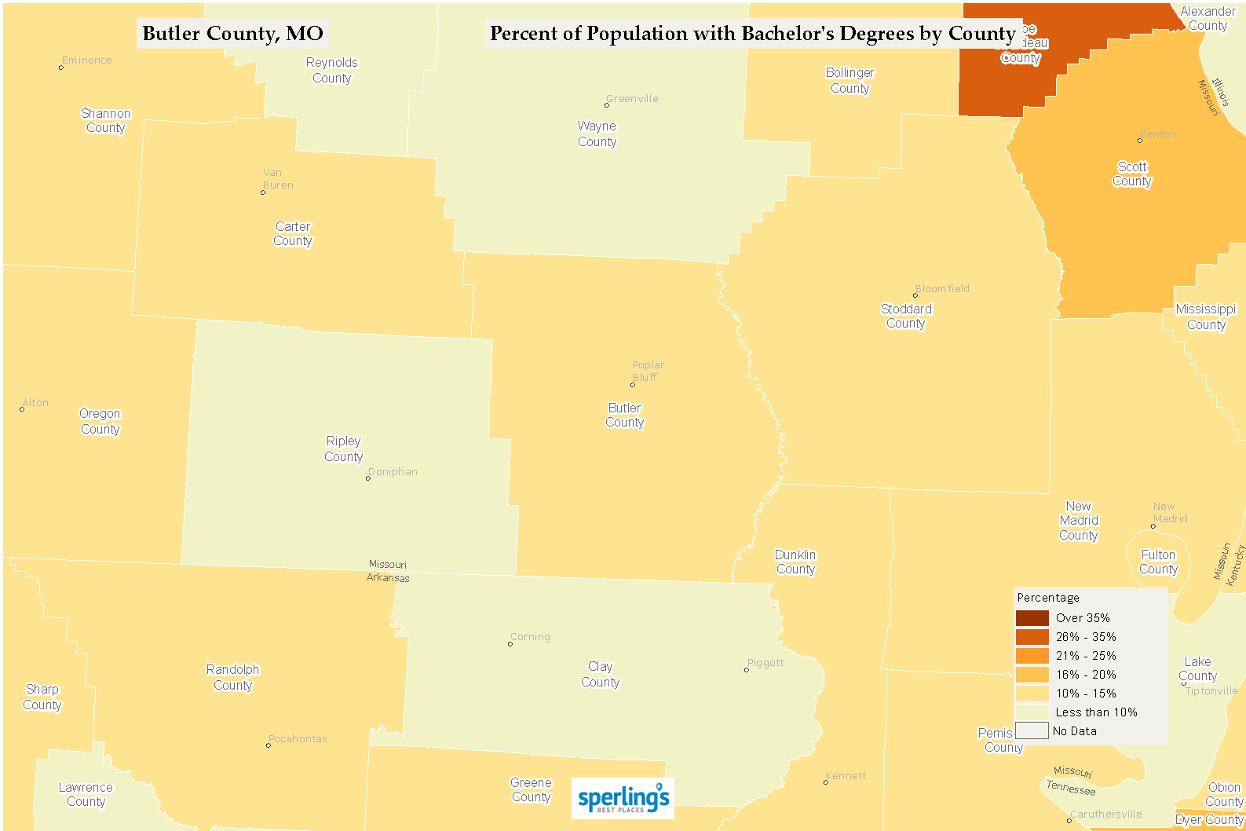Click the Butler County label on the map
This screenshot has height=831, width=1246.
pyautogui.click(x=624, y=415)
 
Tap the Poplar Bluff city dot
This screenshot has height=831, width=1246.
pyautogui.click(x=632, y=385)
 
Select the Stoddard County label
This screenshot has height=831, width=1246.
pyautogui.click(x=906, y=316)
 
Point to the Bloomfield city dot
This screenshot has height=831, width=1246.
pyautogui.click(x=915, y=295)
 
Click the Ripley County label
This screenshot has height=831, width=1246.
pyautogui.click(x=343, y=448)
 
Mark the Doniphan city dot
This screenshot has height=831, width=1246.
pyautogui.click(x=367, y=478)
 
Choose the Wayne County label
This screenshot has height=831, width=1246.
pyautogui.click(x=597, y=134)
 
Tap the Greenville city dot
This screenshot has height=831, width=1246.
pyautogui.click(x=606, y=105)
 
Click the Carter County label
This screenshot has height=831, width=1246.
pyautogui.click(x=293, y=233)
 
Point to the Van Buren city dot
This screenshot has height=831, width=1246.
pyautogui.click(x=262, y=192)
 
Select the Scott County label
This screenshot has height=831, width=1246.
pyautogui.click(x=1132, y=174)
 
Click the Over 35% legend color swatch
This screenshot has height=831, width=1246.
pyautogui.click(x=1032, y=618)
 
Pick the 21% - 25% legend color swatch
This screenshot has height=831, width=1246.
pyautogui.click(x=1032, y=656)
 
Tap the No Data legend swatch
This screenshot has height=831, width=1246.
pyautogui.click(x=1032, y=731)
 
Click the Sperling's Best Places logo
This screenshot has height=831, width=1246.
pyautogui.click(x=623, y=799)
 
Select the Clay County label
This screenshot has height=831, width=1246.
pyautogui.click(x=600, y=674)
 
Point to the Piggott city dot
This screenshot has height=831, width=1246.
pyautogui.click(x=746, y=670)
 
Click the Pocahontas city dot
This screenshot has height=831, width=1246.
pyautogui.click(x=268, y=745)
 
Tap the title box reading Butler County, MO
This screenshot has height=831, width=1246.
pyautogui.click(x=232, y=34)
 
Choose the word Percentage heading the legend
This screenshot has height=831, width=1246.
pyautogui.click(x=1047, y=598)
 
